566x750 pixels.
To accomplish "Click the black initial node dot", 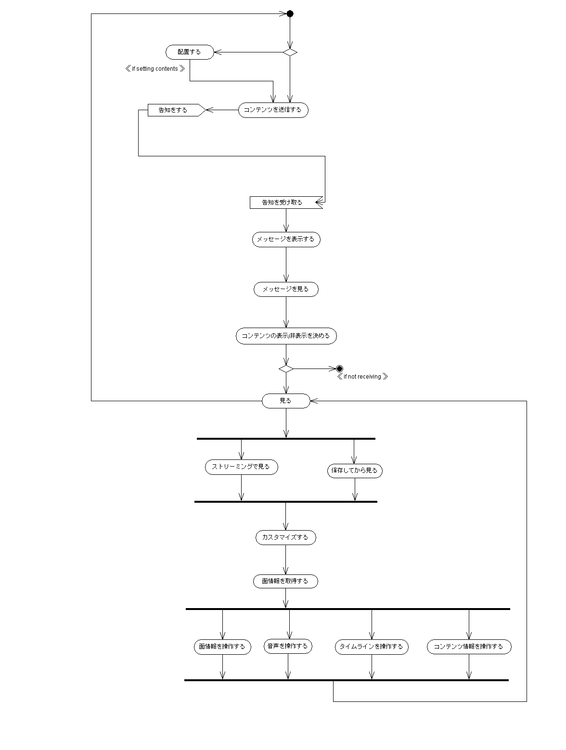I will [290, 13].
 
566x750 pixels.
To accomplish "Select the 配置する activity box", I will [189, 52].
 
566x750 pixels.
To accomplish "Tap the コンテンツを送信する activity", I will [273, 110].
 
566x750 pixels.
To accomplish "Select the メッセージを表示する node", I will [286, 240].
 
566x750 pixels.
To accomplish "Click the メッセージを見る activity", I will [286, 290].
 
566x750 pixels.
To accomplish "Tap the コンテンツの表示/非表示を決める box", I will [286, 336].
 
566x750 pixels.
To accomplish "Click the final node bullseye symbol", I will [339, 369].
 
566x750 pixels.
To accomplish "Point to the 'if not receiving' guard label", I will [362, 377].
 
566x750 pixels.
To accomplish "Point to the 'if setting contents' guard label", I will [155, 69].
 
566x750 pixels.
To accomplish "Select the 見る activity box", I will [286, 401].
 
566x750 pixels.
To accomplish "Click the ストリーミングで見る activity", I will [241, 467].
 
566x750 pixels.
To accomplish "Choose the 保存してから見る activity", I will [355, 471].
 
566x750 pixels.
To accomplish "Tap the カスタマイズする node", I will [285, 538].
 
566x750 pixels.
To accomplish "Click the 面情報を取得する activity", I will [285, 581].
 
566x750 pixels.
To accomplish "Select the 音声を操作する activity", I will [288, 647].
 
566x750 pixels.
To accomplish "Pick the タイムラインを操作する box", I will [371, 647].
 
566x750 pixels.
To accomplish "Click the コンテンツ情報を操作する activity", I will [469, 647].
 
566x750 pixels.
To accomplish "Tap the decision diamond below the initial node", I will [290, 52].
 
